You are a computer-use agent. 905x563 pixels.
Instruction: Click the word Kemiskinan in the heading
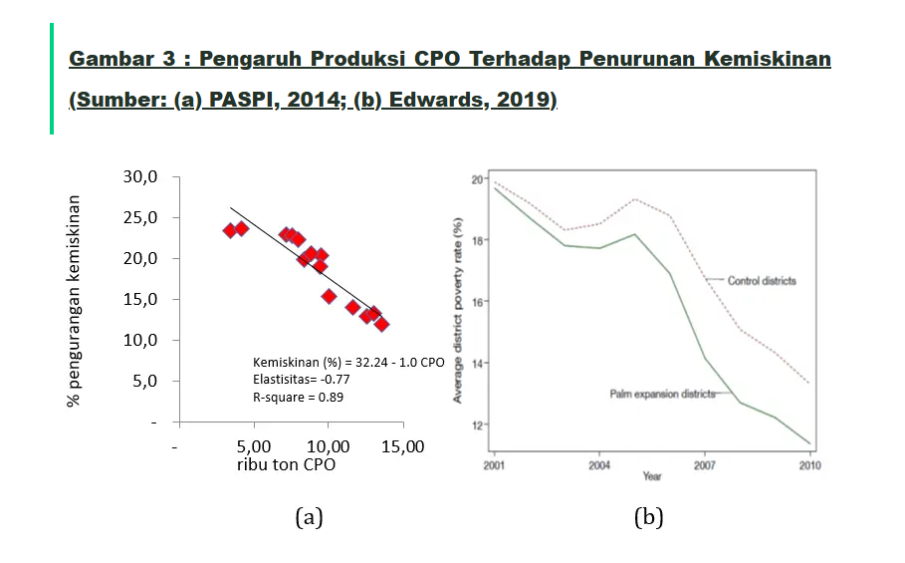click(767, 59)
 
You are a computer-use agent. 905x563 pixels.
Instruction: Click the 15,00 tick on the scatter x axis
click(402, 446)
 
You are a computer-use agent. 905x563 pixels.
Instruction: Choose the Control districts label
click(762, 281)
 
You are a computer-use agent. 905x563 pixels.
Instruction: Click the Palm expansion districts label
click(662, 395)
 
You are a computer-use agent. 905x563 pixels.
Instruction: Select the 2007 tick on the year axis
click(705, 464)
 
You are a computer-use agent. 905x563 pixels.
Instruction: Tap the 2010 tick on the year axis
click(809, 464)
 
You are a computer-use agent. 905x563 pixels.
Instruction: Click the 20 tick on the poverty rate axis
click(478, 179)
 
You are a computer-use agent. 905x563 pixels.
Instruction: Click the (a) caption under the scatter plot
click(310, 517)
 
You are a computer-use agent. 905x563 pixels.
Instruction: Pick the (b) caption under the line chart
click(648, 517)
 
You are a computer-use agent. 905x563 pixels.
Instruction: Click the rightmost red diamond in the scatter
click(381, 324)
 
